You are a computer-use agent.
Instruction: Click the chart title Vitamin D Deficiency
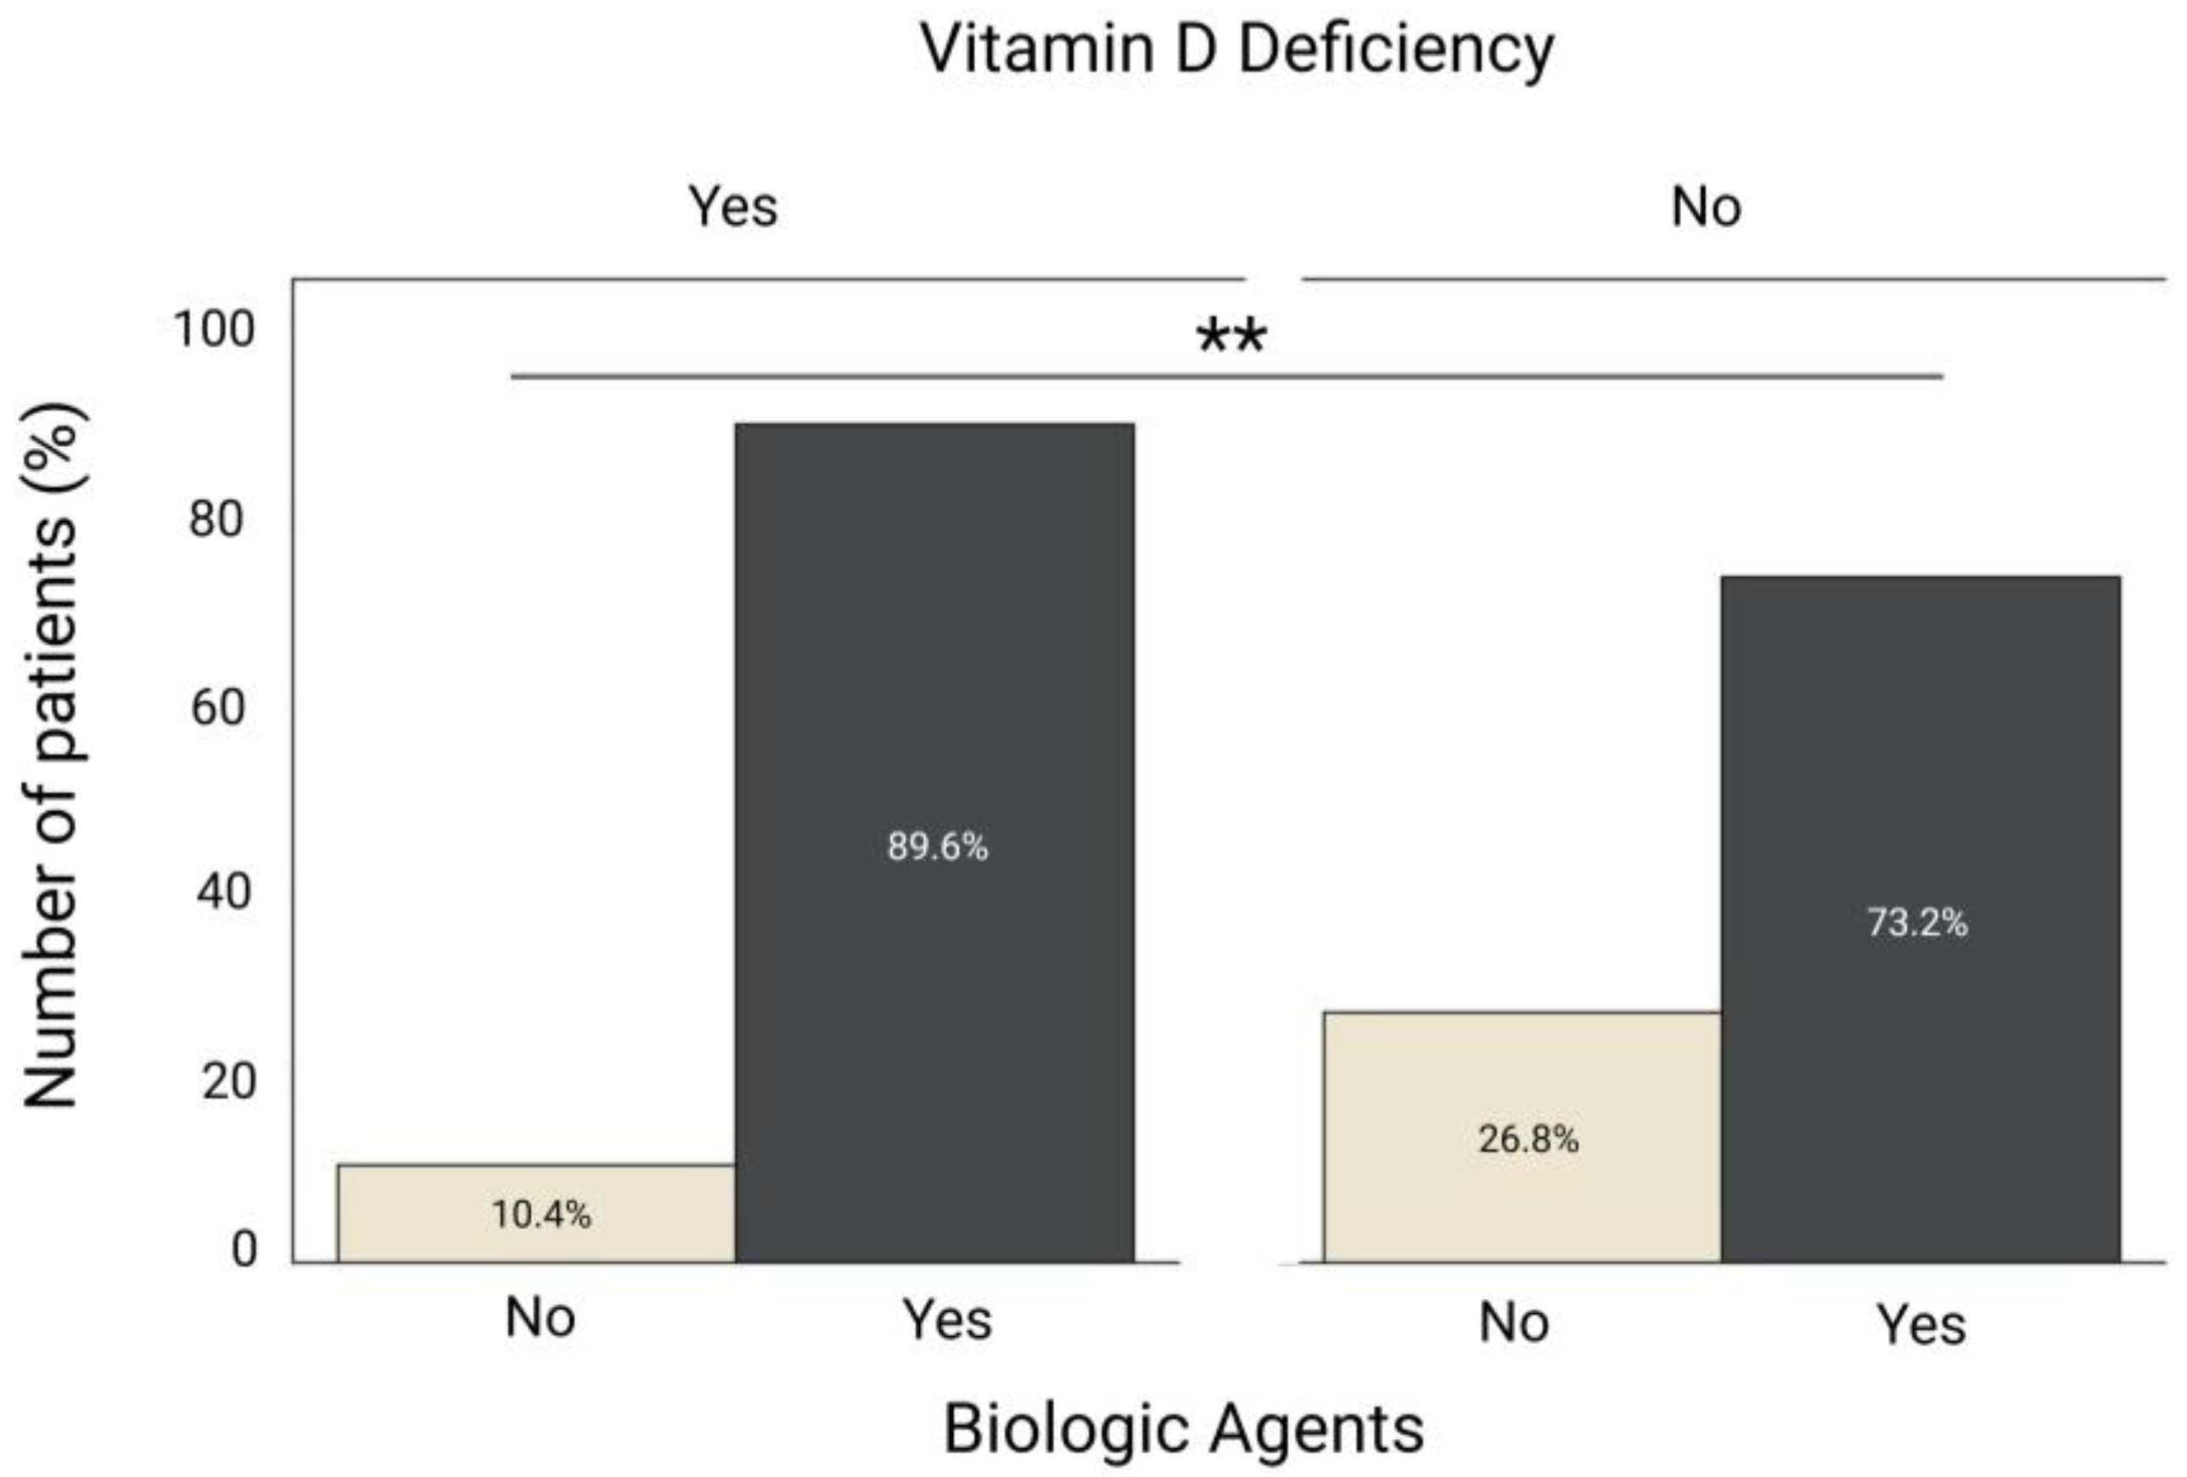click(x=1236, y=49)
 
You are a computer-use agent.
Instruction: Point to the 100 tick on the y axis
click(x=214, y=329)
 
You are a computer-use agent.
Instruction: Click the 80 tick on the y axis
click(x=216, y=518)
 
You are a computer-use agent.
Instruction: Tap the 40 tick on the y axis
click(x=223, y=891)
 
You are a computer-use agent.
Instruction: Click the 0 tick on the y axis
click(x=244, y=1250)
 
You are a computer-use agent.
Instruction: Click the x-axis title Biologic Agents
click(x=1183, y=1428)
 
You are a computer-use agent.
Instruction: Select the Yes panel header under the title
click(x=732, y=206)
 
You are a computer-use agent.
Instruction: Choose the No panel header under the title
click(x=1705, y=206)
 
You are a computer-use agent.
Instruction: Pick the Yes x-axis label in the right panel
click(x=1921, y=1325)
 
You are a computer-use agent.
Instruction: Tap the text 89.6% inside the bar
click(x=937, y=847)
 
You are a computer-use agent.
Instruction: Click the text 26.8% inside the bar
click(x=1528, y=1139)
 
